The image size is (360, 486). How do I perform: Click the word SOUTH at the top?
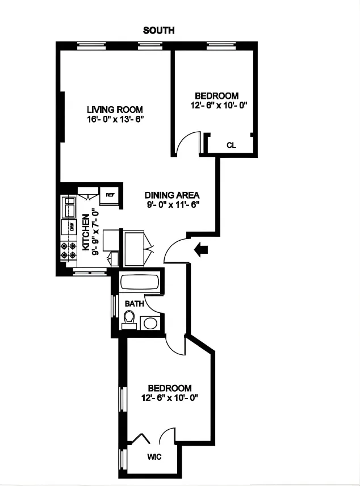pyautogui.click(x=158, y=31)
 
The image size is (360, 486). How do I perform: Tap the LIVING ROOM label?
pyautogui.click(x=115, y=110)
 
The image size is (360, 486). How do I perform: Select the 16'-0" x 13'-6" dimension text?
pyautogui.click(x=115, y=119)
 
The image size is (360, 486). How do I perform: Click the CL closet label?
pyautogui.click(x=231, y=145)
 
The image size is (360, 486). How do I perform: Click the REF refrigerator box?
pyautogui.click(x=110, y=195)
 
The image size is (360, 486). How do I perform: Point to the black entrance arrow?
pyautogui.click(x=201, y=249)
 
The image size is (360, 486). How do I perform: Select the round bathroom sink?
pyautogui.click(x=150, y=323)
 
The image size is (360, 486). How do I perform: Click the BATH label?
pyautogui.click(x=134, y=304)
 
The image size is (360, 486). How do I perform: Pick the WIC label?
pyautogui.click(x=154, y=456)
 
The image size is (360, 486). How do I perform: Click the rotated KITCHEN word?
pyautogui.click(x=86, y=233)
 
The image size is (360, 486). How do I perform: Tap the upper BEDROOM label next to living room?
pyautogui.click(x=216, y=96)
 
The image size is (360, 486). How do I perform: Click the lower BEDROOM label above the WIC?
pyautogui.click(x=169, y=388)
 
